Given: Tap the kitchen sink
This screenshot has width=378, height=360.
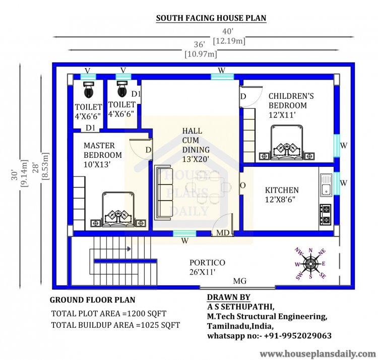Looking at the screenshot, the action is click(x=326, y=185).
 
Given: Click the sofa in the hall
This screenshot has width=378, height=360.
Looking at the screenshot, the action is click(x=164, y=193).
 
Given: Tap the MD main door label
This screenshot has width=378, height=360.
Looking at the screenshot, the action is click(x=222, y=232).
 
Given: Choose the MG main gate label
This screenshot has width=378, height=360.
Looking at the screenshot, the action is click(x=239, y=281).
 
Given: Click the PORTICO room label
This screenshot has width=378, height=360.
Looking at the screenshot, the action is click(x=207, y=263).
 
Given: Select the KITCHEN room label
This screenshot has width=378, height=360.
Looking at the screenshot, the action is click(x=282, y=190).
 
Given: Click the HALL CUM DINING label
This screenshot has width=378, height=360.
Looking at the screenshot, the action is click(x=196, y=140).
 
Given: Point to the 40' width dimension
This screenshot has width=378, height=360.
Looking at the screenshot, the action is click(x=228, y=31).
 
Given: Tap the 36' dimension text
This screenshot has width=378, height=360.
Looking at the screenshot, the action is click(x=200, y=44).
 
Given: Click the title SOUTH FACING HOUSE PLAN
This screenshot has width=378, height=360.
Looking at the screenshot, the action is click(x=211, y=18).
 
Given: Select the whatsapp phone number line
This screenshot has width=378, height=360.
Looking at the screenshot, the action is click(x=269, y=335).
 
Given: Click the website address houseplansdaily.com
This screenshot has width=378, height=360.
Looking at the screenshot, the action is click(x=318, y=354).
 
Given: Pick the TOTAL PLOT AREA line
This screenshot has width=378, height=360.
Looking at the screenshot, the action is click(x=109, y=314).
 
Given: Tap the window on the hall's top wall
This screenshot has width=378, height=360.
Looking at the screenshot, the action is click(x=222, y=77).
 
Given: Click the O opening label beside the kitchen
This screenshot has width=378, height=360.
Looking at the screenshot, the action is click(x=243, y=186).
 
